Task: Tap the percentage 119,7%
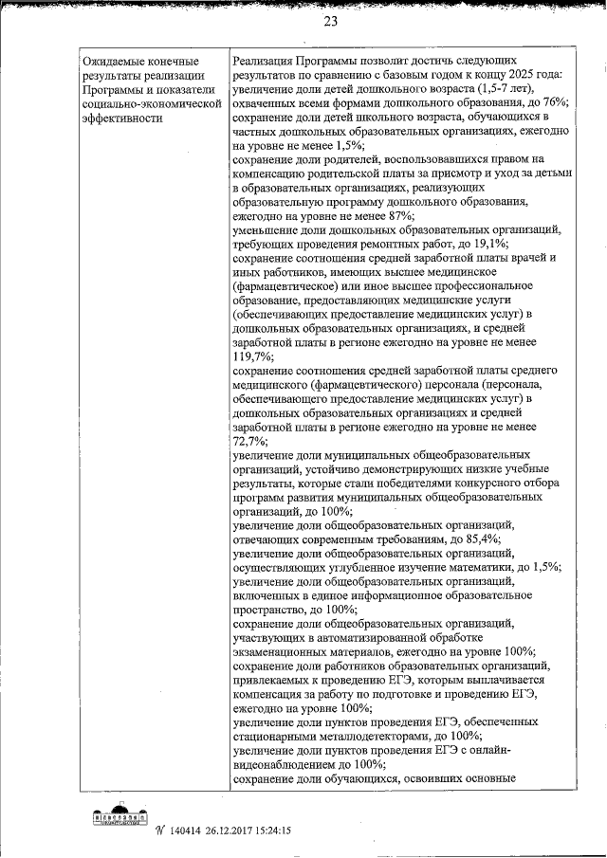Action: tap(251, 356)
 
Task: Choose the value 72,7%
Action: tap(248, 442)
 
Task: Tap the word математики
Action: tap(467, 567)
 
